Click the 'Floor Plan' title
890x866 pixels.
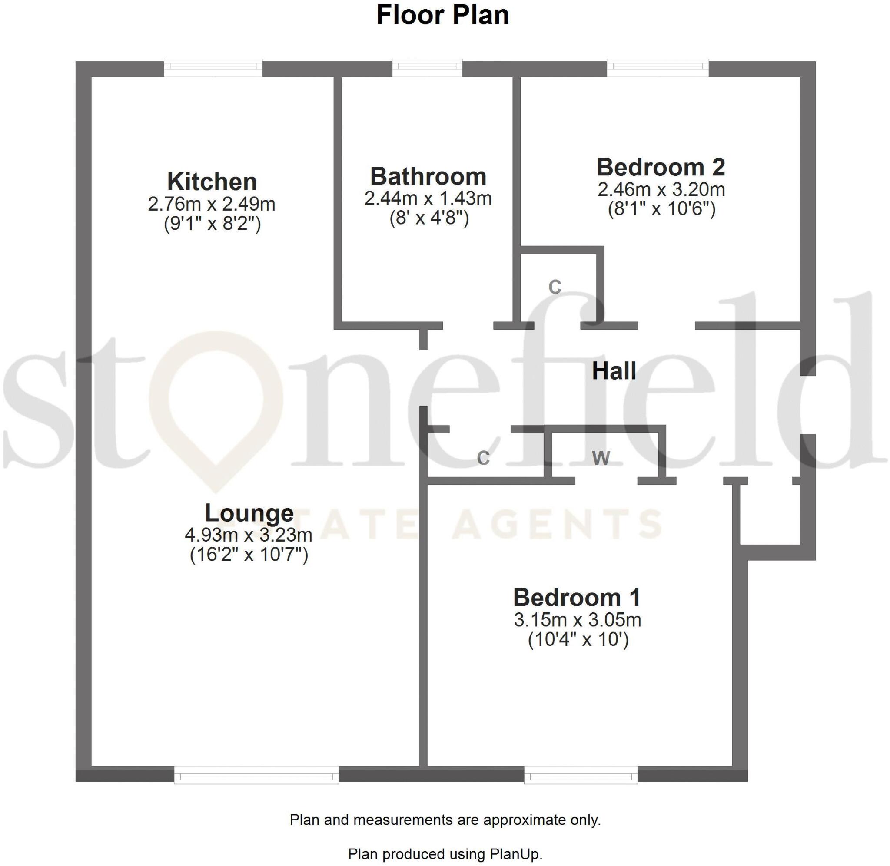(442, 15)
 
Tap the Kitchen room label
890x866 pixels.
(212, 182)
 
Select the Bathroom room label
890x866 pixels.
(428, 176)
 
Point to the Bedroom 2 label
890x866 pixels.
(661, 167)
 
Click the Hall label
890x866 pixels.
(614, 371)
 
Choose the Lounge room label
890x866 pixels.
(249, 513)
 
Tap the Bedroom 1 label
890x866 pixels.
(577, 597)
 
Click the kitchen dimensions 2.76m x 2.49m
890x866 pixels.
(212, 204)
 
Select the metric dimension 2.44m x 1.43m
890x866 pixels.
(428, 198)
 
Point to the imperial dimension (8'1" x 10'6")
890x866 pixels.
(661, 209)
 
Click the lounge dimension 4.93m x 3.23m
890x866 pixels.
(249, 535)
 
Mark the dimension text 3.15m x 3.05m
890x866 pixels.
(578, 620)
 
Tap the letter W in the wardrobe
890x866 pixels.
(601, 458)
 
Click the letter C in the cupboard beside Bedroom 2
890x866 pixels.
(555, 287)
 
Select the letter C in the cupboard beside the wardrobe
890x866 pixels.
(483, 458)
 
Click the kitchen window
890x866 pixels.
(213, 68)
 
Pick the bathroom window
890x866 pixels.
(427, 68)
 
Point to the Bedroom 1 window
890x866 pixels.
(581, 774)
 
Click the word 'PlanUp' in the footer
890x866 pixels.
(515, 854)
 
